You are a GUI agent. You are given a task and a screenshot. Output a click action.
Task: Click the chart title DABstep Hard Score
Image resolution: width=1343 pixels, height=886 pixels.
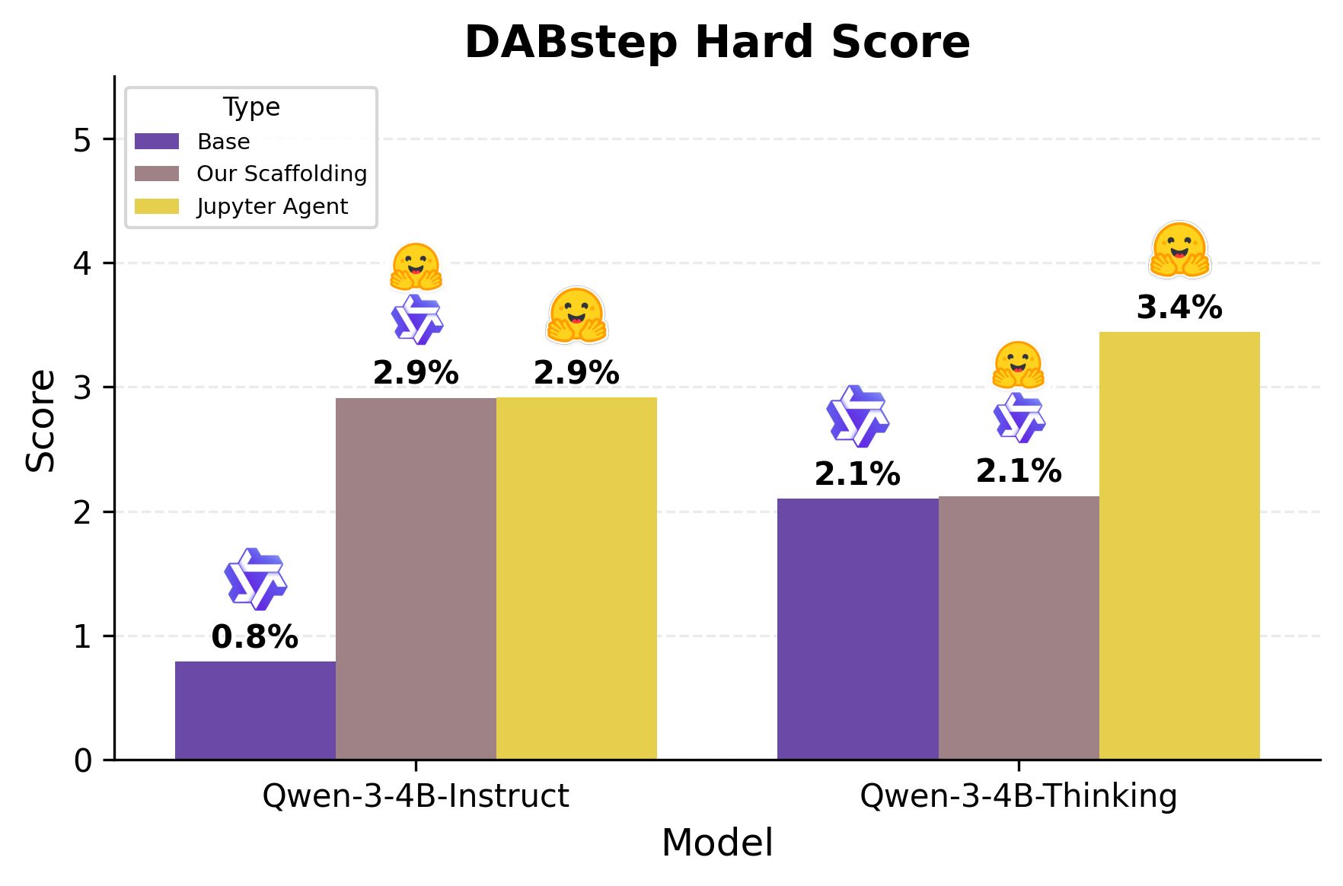click(717, 42)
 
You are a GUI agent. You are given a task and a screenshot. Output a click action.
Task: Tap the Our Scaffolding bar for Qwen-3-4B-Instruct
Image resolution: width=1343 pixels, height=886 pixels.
click(416, 578)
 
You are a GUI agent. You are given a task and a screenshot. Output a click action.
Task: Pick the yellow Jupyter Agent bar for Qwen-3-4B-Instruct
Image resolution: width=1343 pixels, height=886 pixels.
click(576, 578)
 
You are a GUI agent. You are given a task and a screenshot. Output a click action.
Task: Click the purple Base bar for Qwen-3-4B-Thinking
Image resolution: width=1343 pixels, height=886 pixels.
click(857, 629)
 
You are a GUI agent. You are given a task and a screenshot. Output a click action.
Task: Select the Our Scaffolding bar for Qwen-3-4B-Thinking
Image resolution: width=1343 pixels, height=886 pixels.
click(1019, 629)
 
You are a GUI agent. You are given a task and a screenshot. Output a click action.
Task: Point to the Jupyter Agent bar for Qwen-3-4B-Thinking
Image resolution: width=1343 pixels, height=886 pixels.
click(1179, 545)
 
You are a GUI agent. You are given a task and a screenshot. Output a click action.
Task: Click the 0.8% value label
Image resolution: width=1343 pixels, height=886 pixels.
click(254, 637)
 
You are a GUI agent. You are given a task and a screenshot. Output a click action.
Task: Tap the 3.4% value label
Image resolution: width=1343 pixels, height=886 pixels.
click(1179, 308)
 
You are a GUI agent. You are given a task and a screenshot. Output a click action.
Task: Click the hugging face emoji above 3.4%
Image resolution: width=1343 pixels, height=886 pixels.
click(1179, 250)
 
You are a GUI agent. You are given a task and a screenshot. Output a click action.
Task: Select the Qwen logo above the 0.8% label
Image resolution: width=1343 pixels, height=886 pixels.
click(255, 579)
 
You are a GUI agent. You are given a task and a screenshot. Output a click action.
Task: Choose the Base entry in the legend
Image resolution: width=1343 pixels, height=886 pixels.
click(223, 142)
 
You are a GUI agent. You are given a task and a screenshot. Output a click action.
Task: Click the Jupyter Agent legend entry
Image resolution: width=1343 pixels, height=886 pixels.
click(272, 206)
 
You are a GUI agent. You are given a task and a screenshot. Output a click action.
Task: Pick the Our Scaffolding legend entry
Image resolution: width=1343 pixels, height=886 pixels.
click(281, 174)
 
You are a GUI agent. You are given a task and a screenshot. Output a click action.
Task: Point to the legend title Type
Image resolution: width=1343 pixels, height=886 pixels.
click(251, 107)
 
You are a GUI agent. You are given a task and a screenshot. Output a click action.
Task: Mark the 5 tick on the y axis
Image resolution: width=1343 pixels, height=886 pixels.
click(82, 140)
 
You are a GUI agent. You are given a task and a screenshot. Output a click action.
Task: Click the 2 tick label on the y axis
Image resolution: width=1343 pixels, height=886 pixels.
click(82, 512)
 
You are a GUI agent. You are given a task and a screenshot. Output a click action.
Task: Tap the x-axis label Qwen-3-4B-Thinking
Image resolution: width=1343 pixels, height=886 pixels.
click(1018, 796)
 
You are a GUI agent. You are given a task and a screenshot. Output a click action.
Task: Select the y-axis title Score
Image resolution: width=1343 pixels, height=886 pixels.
click(40, 420)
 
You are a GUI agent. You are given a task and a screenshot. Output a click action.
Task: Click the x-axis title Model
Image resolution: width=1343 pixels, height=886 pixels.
click(717, 843)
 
